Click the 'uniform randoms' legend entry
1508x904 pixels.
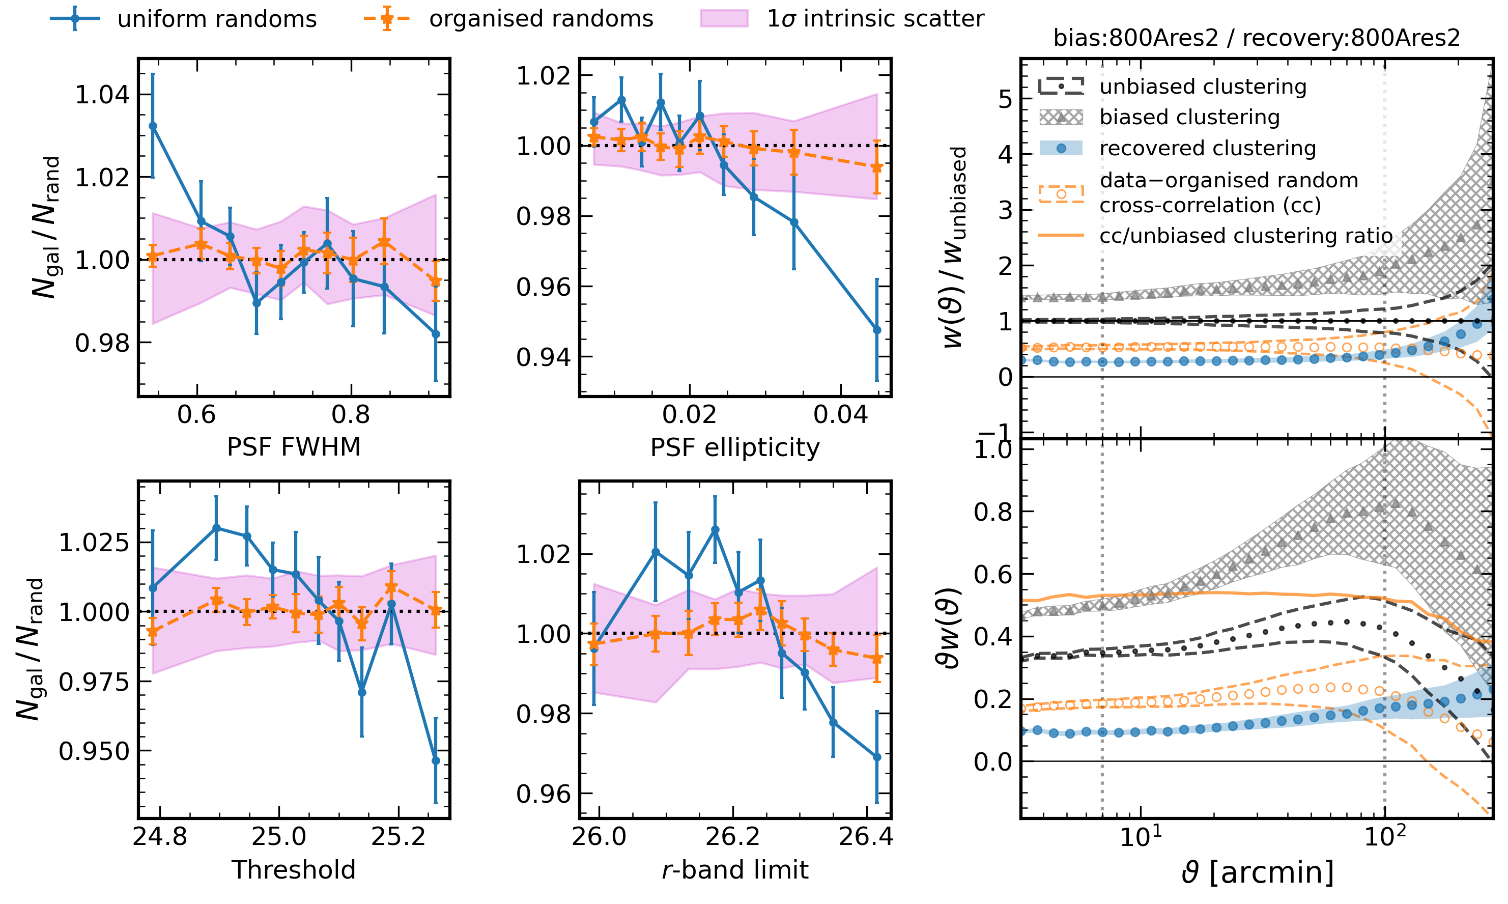click(216, 19)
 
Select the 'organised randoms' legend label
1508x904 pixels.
click(541, 19)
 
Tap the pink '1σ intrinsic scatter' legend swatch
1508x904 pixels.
click(724, 19)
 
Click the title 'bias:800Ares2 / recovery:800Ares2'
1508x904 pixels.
click(1257, 38)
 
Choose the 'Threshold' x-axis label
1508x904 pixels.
click(294, 870)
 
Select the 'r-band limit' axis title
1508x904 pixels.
click(734, 870)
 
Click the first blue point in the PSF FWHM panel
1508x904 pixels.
click(153, 126)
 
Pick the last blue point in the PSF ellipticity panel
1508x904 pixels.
click(877, 330)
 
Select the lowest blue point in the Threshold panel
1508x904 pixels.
click(436, 761)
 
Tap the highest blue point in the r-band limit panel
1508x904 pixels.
click(715, 530)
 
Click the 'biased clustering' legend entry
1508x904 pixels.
click(1189, 117)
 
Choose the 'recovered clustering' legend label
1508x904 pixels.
click(1207, 148)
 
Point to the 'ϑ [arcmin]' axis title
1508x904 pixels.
click(1257, 872)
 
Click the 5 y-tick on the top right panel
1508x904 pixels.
click(1005, 98)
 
